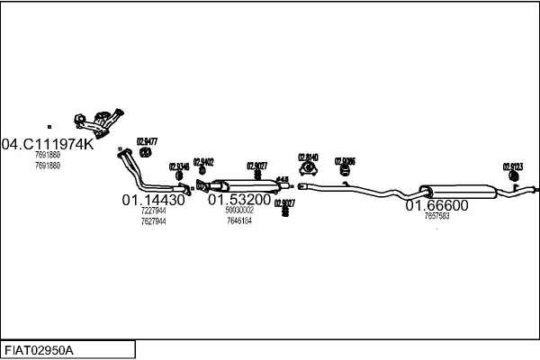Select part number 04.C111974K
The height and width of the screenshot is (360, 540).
coord(47,144)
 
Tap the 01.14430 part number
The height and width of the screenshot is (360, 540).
coord(153,200)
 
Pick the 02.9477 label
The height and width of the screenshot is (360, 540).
coord(147,140)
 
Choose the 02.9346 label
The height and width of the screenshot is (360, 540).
coord(178,166)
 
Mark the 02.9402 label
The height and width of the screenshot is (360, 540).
coord(202,162)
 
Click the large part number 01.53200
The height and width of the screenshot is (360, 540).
coord(239,199)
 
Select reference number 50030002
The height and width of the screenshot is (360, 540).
coord(239,210)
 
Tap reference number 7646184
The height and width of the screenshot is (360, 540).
coord(239,220)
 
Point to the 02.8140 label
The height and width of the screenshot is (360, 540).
coord(309,156)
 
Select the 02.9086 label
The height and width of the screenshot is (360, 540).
coord(345,161)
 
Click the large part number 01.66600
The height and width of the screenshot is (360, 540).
coord(436,205)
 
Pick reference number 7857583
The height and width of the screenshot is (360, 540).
coord(436,217)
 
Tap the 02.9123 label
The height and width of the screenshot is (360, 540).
coord(512,166)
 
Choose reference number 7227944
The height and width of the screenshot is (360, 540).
coord(153,211)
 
